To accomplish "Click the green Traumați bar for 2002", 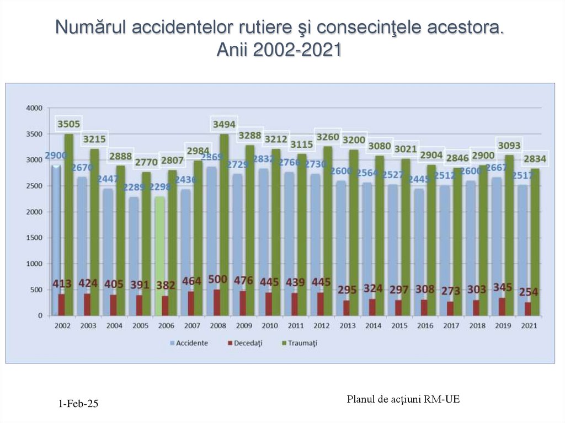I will tap(69, 221).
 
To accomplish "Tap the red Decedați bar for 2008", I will tap(217, 302).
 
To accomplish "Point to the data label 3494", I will tap(225, 124).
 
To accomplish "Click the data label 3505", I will tap(69, 124).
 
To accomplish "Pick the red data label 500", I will tap(218, 279).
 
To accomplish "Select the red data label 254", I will tap(528, 292).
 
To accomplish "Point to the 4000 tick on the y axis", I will tap(34, 108).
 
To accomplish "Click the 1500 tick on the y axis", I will tap(34, 238).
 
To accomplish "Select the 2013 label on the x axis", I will tap(347, 326).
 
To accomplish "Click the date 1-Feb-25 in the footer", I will tap(78, 404).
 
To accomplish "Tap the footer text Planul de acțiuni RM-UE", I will tap(403, 399).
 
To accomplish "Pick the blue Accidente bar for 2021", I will tap(522, 248).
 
